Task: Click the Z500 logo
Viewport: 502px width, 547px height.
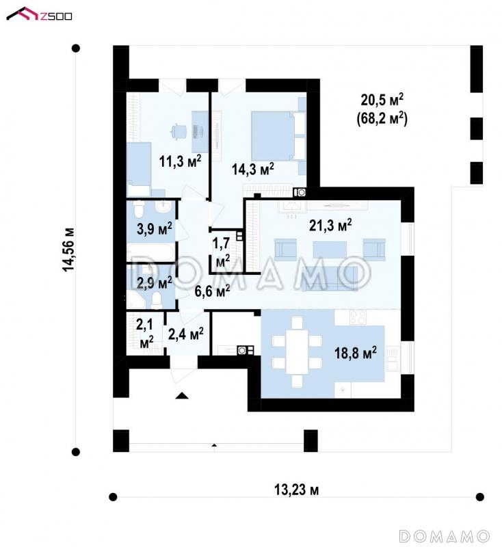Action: (x=39, y=14)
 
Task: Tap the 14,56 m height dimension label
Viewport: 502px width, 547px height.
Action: (x=68, y=250)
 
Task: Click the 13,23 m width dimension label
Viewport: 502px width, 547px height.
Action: (x=297, y=490)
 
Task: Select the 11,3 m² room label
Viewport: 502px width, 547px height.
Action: (x=181, y=161)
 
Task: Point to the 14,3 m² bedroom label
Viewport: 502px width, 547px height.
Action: (x=253, y=169)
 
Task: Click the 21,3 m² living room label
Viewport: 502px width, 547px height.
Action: (x=330, y=226)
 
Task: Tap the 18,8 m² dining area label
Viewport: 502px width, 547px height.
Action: (x=356, y=353)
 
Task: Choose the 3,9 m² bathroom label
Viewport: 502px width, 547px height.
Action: (x=155, y=229)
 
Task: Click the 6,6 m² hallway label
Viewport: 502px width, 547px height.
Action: (x=212, y=291)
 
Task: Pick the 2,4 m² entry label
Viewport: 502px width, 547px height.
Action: (x=186, y=334)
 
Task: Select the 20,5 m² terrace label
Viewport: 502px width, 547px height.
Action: (x=382, y=100)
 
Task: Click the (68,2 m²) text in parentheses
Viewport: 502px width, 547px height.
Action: (x=382, y=118)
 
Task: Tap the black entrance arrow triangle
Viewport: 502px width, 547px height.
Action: (x=182, y=395)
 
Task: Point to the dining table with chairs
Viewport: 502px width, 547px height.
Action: (x=297, y=351)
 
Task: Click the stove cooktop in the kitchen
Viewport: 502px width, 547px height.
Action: (x=358, y=317)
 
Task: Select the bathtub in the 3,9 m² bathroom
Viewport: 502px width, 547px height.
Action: (x=150, y=252)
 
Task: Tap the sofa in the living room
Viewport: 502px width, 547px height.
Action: (x=330, y=278)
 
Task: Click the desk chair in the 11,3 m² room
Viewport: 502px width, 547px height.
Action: (x=179, y=132)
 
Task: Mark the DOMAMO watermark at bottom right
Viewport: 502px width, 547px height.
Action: (x=444, y=535)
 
